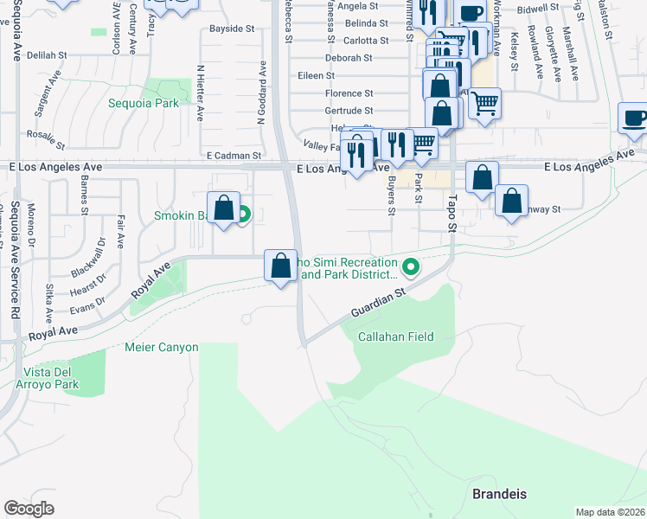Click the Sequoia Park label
144,103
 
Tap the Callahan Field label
396,336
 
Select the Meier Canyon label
162,348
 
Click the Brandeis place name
499,494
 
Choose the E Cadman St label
234,156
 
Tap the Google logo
29,509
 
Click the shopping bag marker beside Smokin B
224,208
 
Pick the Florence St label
349,93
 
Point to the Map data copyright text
611,512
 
